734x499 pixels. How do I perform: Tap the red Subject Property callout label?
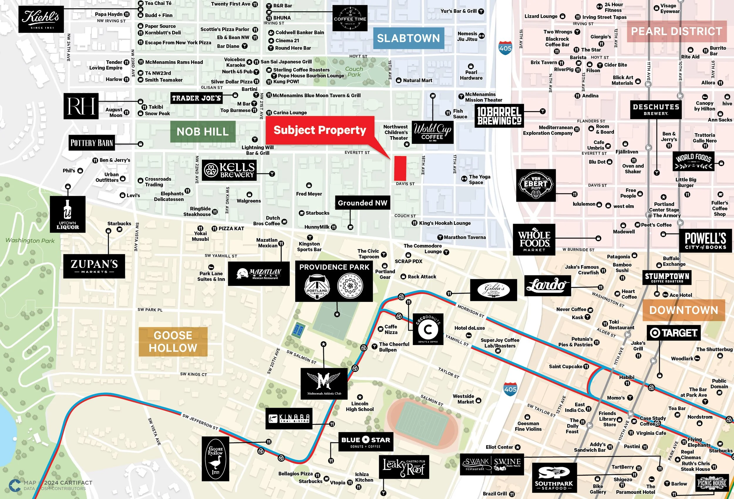click(320, 130)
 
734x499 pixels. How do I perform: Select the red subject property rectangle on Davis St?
click(400, 168)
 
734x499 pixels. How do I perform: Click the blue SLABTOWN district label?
click(408, 38)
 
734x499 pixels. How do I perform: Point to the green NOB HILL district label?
click(203, 132)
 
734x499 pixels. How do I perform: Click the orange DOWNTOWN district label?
click(684, 310)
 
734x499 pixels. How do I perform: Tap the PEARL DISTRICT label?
click(676, 31)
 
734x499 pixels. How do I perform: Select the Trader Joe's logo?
click(196, 98)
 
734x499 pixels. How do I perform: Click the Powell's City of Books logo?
click(705, 241)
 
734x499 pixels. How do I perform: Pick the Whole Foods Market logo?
click(534, 239)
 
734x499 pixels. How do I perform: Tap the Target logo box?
click(673, 333)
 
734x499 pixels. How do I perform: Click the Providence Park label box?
click(334, 282)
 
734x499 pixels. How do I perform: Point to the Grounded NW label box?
click(362, 203)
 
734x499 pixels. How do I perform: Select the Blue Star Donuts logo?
click(366, 442)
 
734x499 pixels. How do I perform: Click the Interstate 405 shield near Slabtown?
click(505, 48)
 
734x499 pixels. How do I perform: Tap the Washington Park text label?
click(30, 241)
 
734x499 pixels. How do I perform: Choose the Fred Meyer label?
click(309, 194)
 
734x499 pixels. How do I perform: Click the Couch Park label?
click(354, 72)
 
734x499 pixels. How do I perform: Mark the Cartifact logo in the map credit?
click(14, 486)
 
